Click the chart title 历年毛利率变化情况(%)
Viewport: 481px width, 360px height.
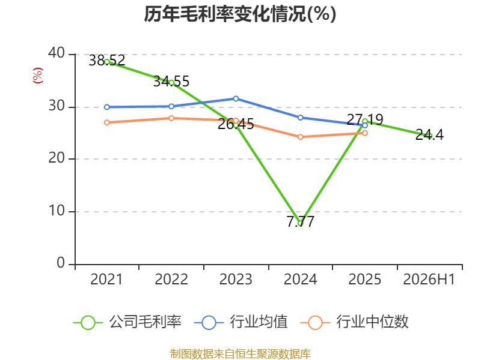(240, 14)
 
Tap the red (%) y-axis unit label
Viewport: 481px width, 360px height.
(38, 76)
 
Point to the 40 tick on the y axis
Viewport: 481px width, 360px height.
(57, 53)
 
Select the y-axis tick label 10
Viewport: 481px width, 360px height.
(57, 211)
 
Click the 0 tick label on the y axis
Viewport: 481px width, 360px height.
(61, 263)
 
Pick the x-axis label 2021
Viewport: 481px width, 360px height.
(106, 279)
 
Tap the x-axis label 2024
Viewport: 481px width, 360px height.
(300, 279)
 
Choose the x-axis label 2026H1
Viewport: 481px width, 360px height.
(429, 279)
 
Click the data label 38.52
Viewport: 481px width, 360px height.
(107, 61)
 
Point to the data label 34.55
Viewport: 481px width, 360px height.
(171, 82)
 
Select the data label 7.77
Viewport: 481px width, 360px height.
(301, 221)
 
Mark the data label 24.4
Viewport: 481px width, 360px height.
(429, 134)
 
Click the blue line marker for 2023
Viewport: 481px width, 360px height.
(236, 98)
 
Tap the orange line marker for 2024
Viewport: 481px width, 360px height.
(300, 137)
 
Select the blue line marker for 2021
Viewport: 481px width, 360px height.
(107, 107)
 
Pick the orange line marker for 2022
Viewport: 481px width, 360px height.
(171, 118)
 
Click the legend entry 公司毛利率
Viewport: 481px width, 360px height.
(127, 322)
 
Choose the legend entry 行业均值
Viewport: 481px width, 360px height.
(241, 322)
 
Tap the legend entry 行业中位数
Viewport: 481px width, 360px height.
(354, 322)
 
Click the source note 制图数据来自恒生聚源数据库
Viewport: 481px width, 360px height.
(240, 354)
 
